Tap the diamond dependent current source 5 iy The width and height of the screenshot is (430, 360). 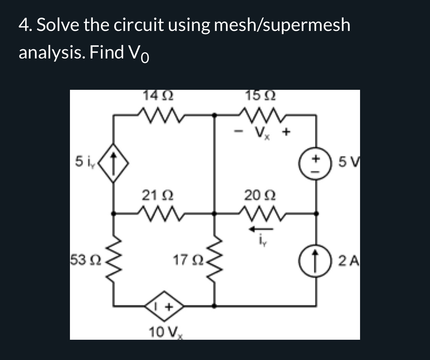click(114, 163)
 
